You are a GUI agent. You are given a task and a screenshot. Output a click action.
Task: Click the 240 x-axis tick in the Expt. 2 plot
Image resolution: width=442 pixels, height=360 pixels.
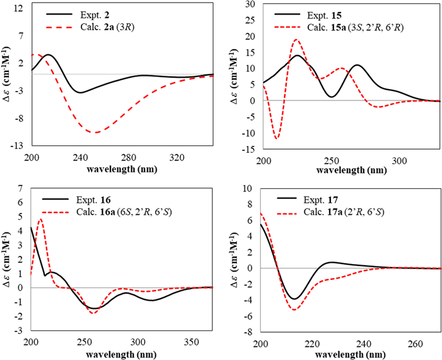click(x=80, y=157)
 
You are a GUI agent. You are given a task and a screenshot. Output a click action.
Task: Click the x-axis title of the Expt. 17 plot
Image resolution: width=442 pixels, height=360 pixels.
click(x=350, y=354)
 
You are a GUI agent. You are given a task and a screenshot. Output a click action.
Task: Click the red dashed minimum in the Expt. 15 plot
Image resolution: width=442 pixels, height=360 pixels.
click(x=277, y=138)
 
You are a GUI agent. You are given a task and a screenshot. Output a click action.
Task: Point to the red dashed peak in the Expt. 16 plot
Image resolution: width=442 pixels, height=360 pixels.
click(x=41, y=219)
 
